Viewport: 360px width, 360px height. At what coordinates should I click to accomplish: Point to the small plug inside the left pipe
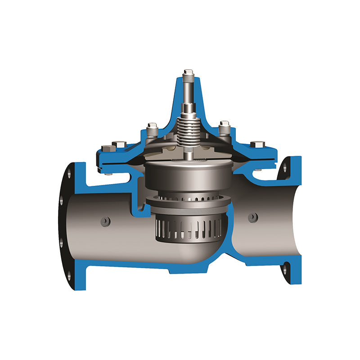(106, 221)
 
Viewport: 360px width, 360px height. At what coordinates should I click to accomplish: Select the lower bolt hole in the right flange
(285, 270)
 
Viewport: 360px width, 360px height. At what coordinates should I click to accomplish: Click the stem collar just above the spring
(189, 108)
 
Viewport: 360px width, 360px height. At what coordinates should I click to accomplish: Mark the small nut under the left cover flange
(108, 171)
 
